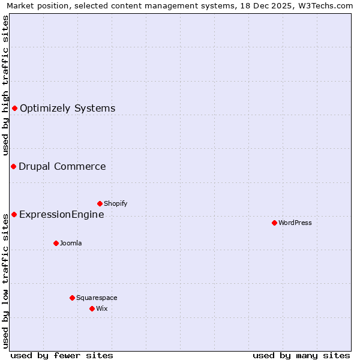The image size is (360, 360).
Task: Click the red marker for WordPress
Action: [x=274, y=223]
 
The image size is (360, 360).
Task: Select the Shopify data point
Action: [x=100, y=203]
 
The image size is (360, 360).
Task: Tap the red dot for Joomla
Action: [x=56, y=243]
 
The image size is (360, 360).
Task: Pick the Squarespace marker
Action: [x=72, y=298]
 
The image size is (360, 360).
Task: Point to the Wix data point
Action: [x=92, y=308]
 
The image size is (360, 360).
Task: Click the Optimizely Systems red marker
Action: [x=14, y=108]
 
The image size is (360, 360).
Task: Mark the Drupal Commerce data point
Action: [x=13, y=166]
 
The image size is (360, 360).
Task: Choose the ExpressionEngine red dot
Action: [x=14, y=214]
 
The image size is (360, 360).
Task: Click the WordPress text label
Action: [x=295, y=223]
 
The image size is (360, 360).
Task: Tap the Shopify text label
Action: [x=116, y=203]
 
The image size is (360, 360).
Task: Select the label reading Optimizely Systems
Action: [x=67, y=108]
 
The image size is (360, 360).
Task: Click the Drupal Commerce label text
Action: [x=62, y=166]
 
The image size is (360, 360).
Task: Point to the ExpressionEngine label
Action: [x=62, y=214]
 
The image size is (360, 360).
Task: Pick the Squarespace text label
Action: [x=97, y=298]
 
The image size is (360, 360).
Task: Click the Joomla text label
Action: [x=71, y=243]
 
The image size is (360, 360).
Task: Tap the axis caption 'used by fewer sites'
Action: [x=62, y=355]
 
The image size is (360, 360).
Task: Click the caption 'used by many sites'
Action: [x=301, y=355]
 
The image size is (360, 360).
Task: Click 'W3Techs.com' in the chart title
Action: [x=326, y=5]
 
